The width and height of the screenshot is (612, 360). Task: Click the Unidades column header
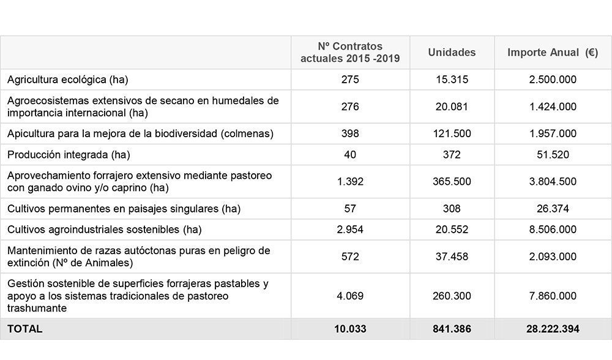tap(452, 53)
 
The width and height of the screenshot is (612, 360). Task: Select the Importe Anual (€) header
tap(553, 53)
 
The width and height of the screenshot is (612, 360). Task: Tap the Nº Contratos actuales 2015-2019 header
tap(350, 53)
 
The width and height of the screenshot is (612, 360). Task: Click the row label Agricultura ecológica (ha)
tap(68, 80)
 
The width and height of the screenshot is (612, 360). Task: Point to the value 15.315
tap(452, 80)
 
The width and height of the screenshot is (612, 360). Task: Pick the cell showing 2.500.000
tap(553, 80)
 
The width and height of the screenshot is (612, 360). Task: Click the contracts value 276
tap(350, 107)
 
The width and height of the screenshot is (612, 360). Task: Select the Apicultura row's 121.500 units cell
tap(452, 133)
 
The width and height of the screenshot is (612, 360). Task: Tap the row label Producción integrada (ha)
tap(69, 155)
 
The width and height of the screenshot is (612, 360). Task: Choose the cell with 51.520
tap(553, 155)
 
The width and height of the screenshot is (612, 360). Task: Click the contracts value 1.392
tap(350, 182)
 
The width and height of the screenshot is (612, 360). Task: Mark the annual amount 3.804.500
tap(553, 182)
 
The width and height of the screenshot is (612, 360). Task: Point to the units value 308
tap(452, 209)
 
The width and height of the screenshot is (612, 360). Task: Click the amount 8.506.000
tap(553, 230)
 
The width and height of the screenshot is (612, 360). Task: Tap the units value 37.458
tap(452, 257)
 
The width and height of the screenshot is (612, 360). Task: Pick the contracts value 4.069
tap(350, 296)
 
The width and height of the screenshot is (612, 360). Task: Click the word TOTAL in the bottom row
tap(25, 329)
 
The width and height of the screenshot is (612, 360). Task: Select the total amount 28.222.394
tap(553, 329)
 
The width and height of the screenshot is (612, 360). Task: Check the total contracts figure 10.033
tap(350, 329)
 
